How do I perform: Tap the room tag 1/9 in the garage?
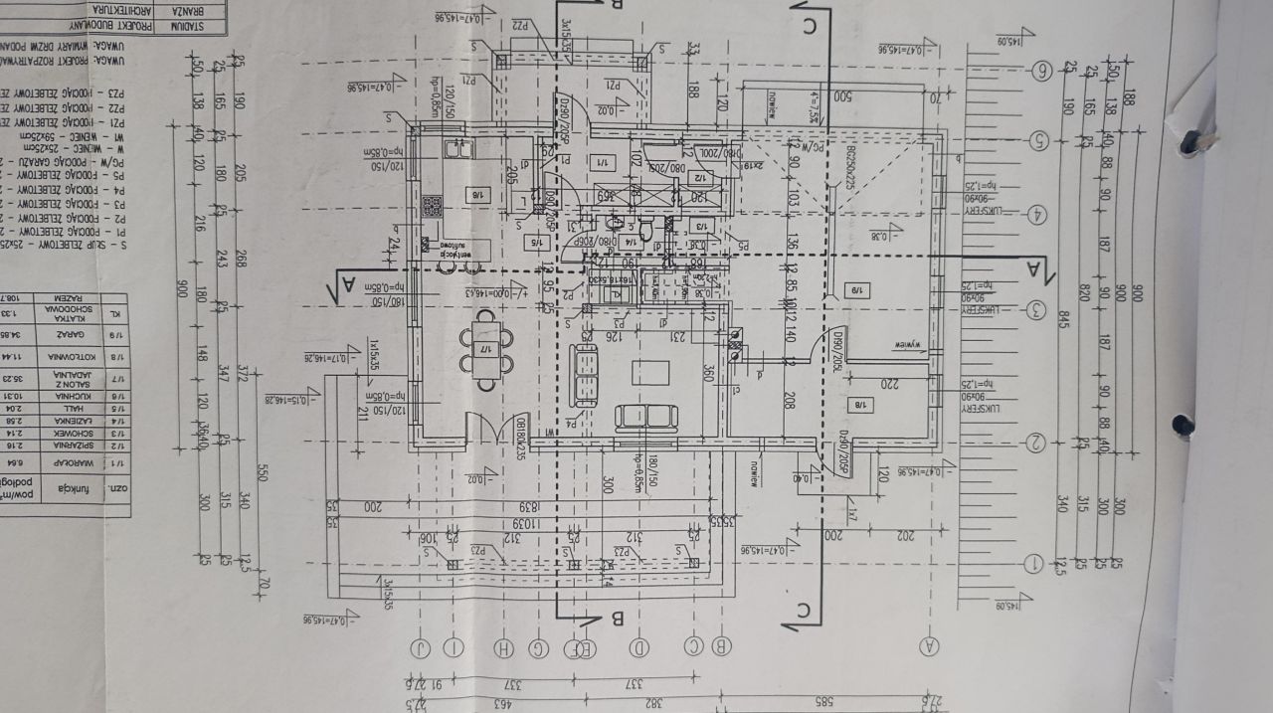pyautogui.click(x=856, y=290)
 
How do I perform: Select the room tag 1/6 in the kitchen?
pyautogui.click(x=478, y=196)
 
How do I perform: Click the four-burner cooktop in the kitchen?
pyautogui.click(x=433, y=207)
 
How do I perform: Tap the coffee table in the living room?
pyautogui.click(x=649, y=372)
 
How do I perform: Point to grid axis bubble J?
pyautogui.click(x=425, y=648)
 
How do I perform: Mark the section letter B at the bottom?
pyautogui.click(x=616, y=620)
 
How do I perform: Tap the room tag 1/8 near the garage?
pyautogui.click(x=856, y=404)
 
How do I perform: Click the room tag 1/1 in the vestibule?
pyautogui.click(x=603, y=161)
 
